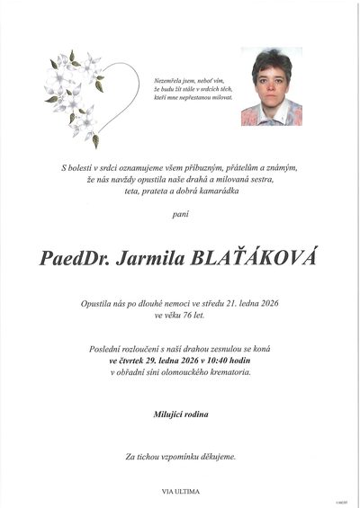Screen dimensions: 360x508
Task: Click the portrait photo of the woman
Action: pyautogui.click(x=271, y=87)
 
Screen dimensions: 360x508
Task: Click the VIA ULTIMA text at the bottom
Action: pyautogui.click(x=180, y=491)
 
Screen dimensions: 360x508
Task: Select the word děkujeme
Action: pyautogui.click(x=216, y=458)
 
